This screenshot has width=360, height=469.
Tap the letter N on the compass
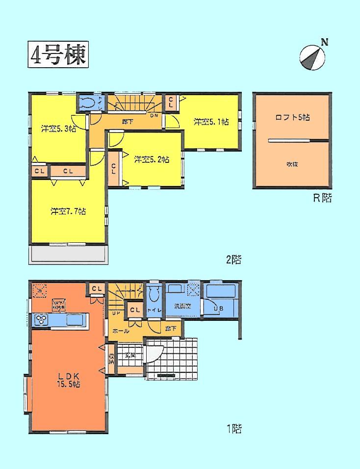[324, 42]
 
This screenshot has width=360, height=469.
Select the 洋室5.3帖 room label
[58, 129]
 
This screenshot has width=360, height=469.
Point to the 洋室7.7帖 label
[68, 211]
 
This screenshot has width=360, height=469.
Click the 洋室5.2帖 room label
[152, 159]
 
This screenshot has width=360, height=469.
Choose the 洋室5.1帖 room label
[210, 122]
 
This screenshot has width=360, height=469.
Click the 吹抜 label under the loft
[292, 164]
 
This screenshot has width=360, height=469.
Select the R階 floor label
[322, 199]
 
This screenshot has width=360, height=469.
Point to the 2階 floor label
[233, 260]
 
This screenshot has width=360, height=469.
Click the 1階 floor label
[233, 429]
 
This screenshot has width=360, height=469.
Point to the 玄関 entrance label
[130, 356]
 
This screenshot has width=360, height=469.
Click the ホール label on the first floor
[121, 331]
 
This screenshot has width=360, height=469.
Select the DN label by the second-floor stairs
[154, 115]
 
